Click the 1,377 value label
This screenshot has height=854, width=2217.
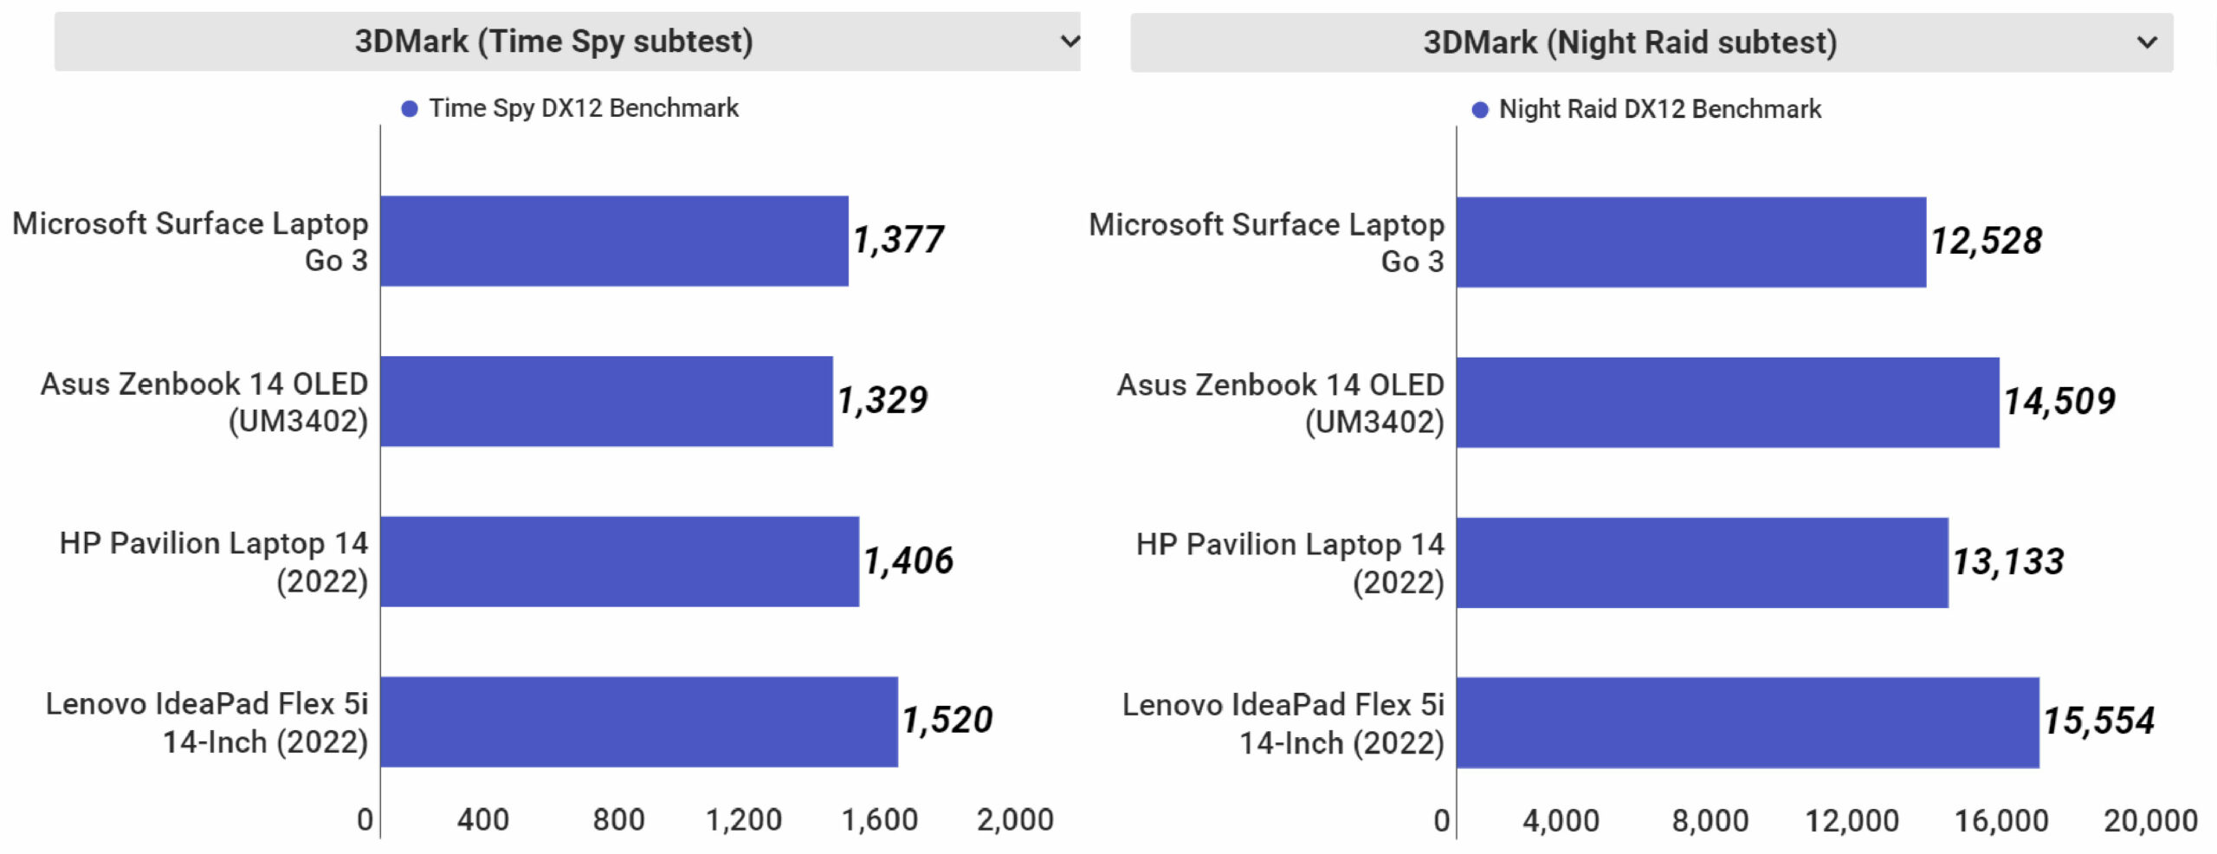pos(898,240)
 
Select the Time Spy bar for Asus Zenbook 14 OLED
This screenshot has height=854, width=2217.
pos(606,401)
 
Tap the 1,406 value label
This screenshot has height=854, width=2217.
pos(908,561)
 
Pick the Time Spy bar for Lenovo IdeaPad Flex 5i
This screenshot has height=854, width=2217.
pos(639,721)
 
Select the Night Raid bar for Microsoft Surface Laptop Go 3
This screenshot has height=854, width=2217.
pos(1690,242)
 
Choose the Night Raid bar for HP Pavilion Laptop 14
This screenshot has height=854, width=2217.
pos(1702,563)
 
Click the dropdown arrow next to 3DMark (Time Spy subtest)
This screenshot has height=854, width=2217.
pos(1070,41)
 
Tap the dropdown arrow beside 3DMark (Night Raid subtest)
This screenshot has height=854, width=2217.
pos(2147,42)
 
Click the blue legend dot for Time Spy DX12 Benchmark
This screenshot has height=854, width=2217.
pos(410,108)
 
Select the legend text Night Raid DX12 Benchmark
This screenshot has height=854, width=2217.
pos(1659,109)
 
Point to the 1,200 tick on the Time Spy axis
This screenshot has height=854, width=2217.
pos(744,819)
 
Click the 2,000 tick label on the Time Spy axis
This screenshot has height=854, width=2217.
pos(1015,819)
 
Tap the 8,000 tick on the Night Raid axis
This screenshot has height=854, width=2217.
pos(1710,820)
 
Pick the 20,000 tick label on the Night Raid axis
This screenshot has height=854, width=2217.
pos(2150,820)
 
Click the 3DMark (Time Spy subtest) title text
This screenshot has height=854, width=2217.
pos(553,41)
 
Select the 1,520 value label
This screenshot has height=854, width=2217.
pos(947,721)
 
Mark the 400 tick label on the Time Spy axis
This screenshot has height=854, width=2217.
pos(482,819)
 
